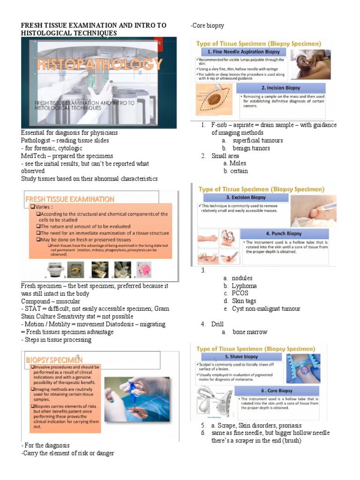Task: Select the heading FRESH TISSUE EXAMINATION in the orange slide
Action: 70,199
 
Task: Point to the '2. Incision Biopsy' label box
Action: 280,88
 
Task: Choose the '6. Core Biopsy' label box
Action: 279,390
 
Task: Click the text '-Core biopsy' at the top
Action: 208,25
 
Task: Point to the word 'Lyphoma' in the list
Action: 244,285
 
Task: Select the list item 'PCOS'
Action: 240,293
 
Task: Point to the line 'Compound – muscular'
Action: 51,301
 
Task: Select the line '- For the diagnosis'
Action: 45,445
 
